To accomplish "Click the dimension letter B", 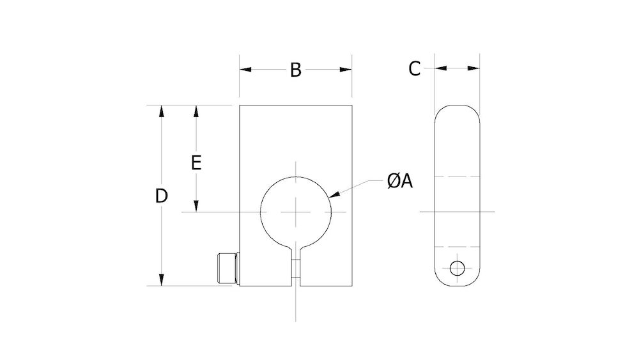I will (295, 70).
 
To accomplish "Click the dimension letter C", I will (415, 68).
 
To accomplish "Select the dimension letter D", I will (162, 196).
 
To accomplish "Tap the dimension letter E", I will (197, 162).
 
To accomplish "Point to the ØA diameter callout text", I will (399, 182).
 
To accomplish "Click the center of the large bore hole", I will (296, 212).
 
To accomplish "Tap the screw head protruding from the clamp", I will (227, 269).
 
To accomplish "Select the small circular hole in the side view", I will (457, 268).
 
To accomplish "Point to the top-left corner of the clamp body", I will (240, 106).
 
